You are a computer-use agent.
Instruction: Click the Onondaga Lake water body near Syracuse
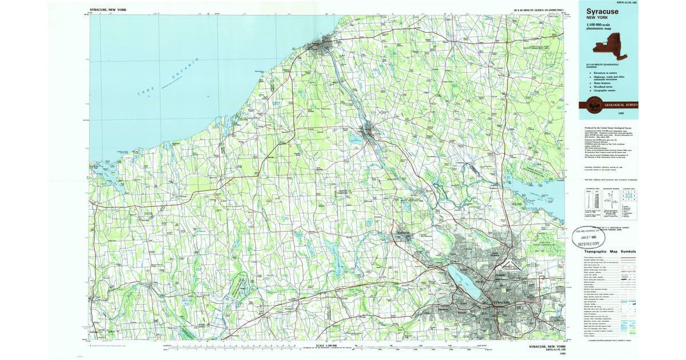point(463,279)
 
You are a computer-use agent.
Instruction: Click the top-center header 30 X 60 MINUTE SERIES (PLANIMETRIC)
point(538,10)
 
